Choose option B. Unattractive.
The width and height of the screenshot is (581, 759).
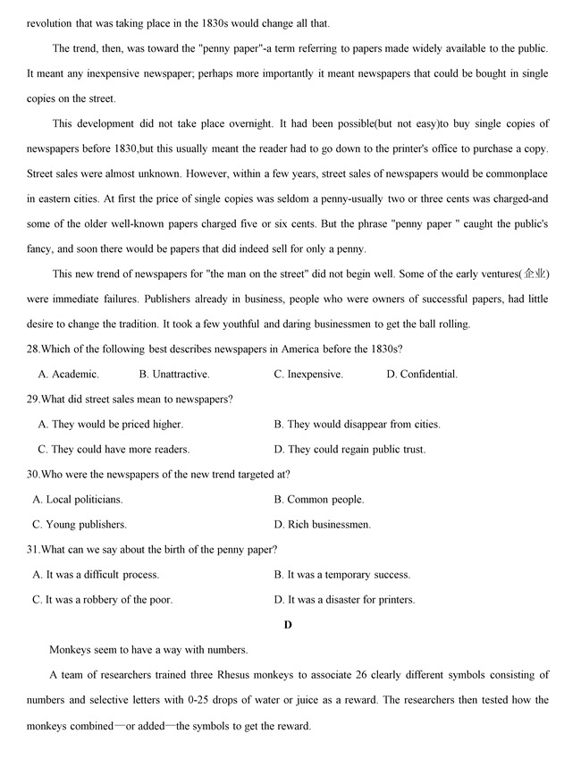pos(174,375)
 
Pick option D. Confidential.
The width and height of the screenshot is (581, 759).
pos(422,375)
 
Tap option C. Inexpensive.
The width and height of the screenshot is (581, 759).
pos(308,375)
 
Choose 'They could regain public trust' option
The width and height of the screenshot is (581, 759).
pos(349,450)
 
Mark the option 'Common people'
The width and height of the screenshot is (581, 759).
pos(319,500)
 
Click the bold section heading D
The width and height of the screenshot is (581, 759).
pos(288,625)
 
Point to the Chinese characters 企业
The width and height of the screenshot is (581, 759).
pos(535,274)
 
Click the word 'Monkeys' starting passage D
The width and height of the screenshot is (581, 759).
pos(71,650)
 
